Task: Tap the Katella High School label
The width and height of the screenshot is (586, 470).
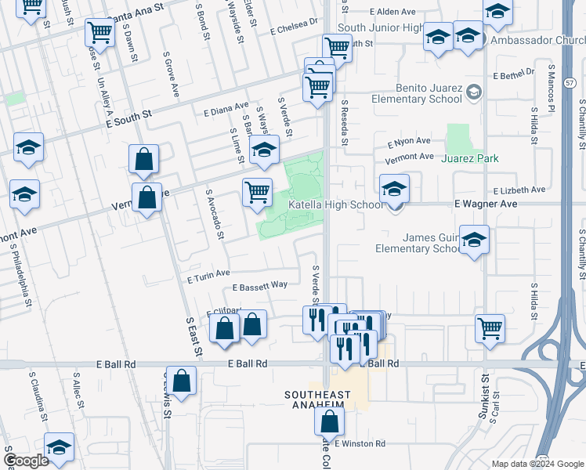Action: point(336,205)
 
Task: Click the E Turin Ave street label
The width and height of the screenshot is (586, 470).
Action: point(208,274)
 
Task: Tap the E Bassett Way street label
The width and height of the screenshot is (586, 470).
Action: point(259,285)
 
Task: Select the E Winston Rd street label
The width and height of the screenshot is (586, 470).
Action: point(360,443)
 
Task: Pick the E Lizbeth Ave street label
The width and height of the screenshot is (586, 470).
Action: point(519,190)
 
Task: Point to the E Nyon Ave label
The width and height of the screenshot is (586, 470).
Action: point(410,142)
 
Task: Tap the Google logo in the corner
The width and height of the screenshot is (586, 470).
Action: point(26,461)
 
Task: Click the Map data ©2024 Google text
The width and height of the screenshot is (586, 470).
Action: point(537,464)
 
